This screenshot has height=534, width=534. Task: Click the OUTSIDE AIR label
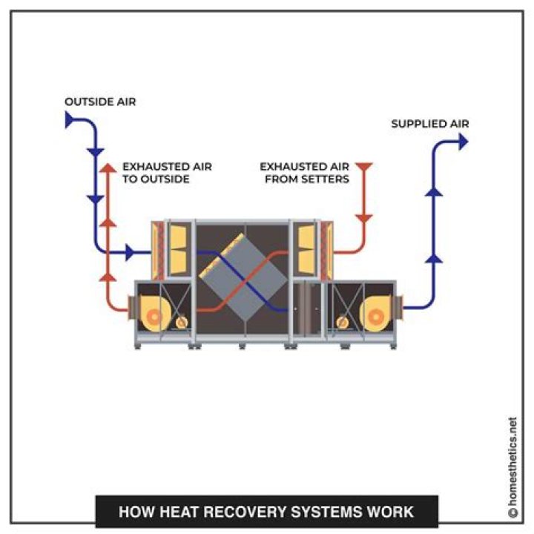tap(100, 102)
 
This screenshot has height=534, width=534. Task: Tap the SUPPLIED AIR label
tap(430, 124)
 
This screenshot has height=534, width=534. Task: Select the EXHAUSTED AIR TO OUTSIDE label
tap(167, 173)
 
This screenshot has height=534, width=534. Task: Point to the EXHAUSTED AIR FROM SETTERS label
tap(304, 173)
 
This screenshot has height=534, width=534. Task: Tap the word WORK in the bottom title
tap(391, 512)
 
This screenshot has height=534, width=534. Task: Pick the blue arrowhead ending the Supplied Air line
tap(464, 142)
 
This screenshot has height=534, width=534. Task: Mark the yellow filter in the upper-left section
tap(178, 243)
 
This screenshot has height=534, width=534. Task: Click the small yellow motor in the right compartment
tap(343, 323)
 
